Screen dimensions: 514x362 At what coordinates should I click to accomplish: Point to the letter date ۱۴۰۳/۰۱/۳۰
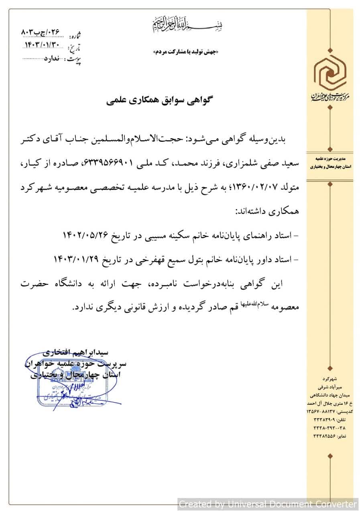[44, 45]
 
